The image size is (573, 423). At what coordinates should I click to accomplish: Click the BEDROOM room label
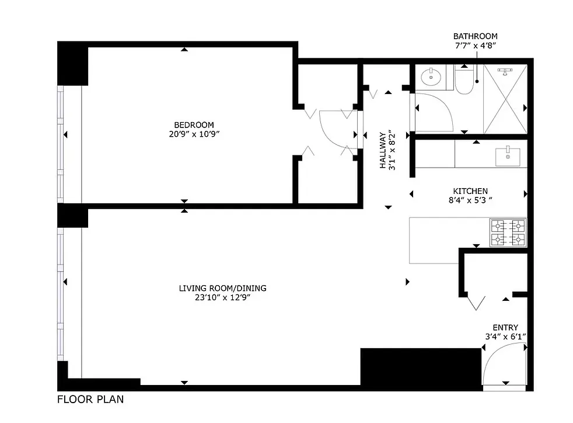point(194,124)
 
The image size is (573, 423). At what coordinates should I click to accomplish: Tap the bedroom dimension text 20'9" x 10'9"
point(194,134)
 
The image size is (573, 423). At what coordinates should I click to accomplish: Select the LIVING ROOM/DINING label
point(223,288)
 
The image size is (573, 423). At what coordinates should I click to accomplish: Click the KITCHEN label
point(470,191)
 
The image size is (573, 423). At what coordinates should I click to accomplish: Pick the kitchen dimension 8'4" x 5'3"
point(470,200)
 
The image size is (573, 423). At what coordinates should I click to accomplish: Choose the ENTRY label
point(505,328)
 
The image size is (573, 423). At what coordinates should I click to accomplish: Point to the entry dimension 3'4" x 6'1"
point(505,337)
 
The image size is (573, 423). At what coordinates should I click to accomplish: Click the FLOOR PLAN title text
point(90,400)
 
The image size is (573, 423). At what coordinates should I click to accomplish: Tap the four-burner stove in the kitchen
point(508,232)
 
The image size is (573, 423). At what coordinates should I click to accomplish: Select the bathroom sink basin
point(433,75)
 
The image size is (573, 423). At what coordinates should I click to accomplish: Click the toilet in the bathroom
point(465,82)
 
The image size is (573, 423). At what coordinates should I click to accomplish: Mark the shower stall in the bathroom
point(505,100)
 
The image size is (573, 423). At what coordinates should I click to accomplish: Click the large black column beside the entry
point(403,366)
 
